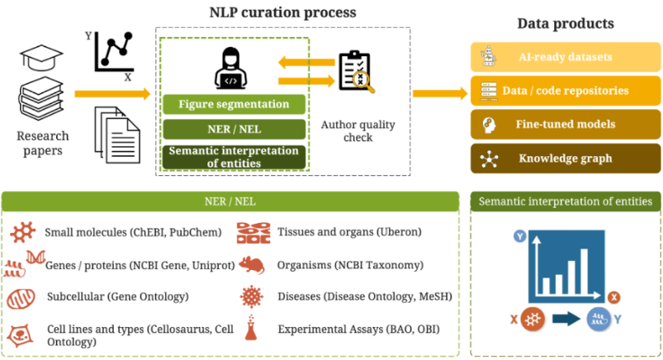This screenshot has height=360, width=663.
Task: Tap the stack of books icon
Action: click(x=40, y=98)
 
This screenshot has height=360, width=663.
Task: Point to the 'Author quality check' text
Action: click(x=358, y=131)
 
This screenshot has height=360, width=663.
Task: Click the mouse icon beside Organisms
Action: click(x=251, y=265)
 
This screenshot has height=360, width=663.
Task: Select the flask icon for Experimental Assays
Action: click(x=251, y=328)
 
